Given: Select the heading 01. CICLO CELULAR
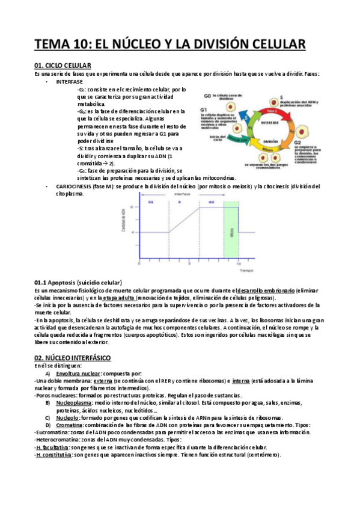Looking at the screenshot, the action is pos(63,65).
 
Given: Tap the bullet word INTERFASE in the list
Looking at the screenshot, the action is pos(70,81).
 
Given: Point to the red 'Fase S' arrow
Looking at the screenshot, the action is pos(271,112).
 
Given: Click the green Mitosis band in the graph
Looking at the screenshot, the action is pos(232,232).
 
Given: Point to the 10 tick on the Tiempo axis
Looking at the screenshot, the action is pos(239,263).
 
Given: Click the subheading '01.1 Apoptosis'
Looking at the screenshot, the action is pos(79,283).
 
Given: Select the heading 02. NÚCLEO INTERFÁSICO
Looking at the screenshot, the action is pos(73,357).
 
